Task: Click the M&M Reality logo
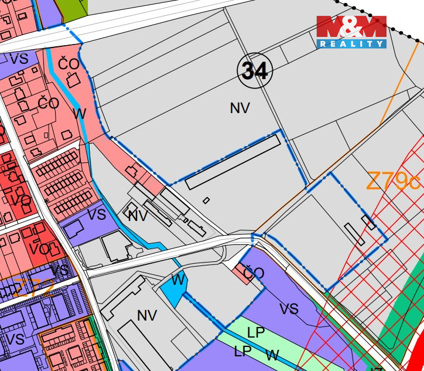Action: click(351, 32)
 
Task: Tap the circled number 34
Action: click(255, 70)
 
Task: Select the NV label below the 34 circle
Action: click(240, 108)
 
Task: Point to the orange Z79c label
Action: click(394, 181)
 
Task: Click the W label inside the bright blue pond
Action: click(178, 280)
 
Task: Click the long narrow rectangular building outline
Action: click(232, 162)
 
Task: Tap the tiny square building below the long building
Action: click(206, 200)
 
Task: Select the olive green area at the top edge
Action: click(75, 7)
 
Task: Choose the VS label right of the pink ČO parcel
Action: click(289, 309)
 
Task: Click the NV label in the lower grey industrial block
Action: click(147, 315)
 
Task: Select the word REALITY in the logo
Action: click(351, 43)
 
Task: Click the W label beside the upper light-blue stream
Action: click(80, 113)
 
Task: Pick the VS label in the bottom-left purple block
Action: click(15, 339)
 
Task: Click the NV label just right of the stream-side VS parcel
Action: click(138, 216)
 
